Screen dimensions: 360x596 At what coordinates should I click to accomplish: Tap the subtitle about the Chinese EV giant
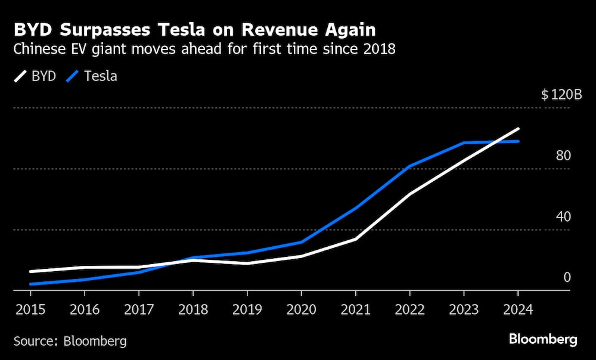204,49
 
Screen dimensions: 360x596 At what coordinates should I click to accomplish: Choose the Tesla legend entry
93,76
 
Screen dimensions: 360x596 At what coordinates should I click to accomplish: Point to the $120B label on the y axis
561,95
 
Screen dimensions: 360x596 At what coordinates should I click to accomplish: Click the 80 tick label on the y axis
563,156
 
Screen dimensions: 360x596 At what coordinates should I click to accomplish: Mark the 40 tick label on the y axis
563,216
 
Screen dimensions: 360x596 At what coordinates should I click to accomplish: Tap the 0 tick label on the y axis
567,277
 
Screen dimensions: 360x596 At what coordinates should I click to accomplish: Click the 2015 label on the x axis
30,309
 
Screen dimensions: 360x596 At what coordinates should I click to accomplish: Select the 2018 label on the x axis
193,309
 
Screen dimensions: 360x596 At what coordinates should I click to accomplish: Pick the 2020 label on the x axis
301,309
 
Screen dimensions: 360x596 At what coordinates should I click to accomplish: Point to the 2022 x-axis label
409,309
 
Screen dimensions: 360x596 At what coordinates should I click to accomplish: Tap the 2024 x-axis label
518,309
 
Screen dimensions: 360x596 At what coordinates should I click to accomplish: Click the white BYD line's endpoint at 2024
518,129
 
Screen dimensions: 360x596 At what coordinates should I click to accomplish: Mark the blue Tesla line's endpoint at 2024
518,141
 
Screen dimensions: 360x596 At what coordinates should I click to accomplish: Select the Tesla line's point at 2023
464,143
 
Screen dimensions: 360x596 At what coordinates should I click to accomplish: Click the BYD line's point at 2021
355,239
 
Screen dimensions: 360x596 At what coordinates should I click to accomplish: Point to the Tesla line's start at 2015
30,284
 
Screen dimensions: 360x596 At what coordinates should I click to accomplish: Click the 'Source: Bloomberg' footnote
70,342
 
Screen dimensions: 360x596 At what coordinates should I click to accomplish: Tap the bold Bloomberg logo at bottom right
543,340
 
